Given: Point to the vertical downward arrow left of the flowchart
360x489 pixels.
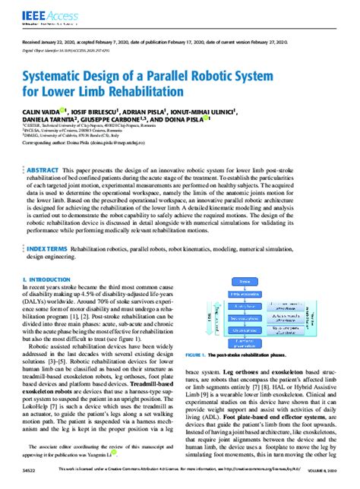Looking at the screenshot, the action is pos(202,319).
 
